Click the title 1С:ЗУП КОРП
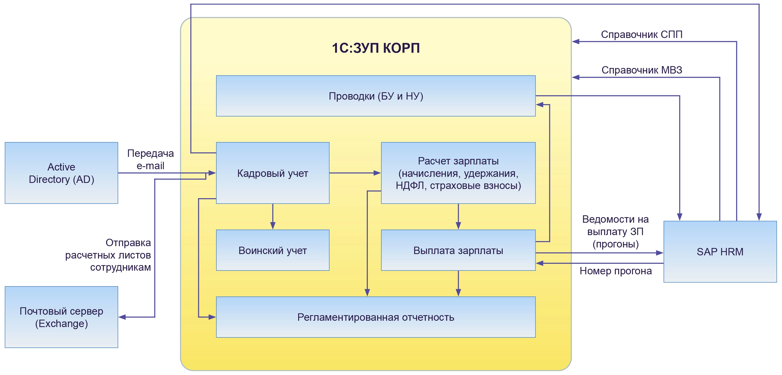pos(375,48)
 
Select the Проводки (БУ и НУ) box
pos(375,96)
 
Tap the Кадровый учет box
pos(272,173)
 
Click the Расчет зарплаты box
pos(458,173)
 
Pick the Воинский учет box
pos(272,250)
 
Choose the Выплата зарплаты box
pos(458,250)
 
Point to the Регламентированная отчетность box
pos(375,317)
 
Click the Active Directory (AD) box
pos(61,173)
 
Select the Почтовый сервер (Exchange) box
pos(61,317)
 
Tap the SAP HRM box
pos(720,252)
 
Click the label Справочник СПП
pos(641,35)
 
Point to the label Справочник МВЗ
pos(641,70)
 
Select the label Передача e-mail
pos(150,159)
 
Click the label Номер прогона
pos(615,271)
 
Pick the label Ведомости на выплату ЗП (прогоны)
pos(615,231)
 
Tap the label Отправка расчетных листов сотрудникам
pos(108,255)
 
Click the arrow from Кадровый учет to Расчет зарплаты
pos(355,173)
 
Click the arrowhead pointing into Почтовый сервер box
pos(122,317)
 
